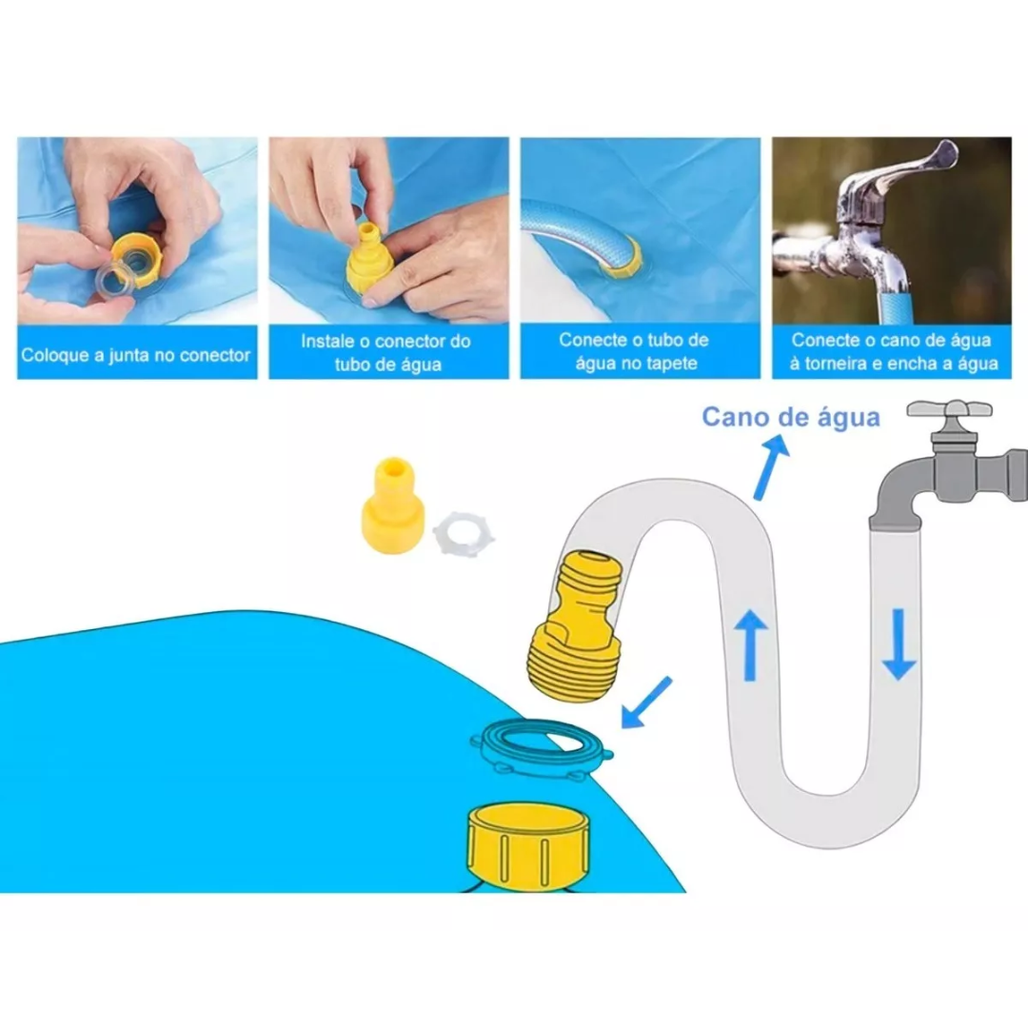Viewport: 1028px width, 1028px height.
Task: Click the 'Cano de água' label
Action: click(790, 417)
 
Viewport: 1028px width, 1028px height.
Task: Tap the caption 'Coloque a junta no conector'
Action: click(136, 355)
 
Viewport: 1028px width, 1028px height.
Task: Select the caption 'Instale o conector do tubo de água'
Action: click(387, 352)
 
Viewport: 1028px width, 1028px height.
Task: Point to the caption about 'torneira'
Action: click(892, 351)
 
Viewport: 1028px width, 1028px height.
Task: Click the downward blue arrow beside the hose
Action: click(898, 644)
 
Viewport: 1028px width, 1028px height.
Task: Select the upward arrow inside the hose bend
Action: click(751, 644)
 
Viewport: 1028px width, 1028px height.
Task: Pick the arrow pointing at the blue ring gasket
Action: click(644, 702)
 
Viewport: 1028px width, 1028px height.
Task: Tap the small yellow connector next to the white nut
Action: click(392, 506)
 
